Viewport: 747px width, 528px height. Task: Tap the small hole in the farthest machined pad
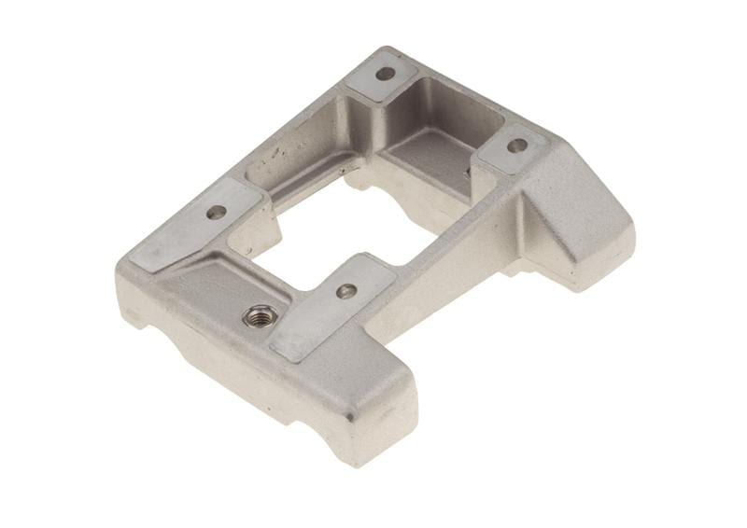tap(385, 73)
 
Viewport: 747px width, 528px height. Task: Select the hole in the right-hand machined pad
tap(515, 146)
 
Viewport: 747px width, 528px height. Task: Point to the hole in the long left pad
tap(216, 212)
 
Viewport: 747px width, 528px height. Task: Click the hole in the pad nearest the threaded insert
tap(345, 291)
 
